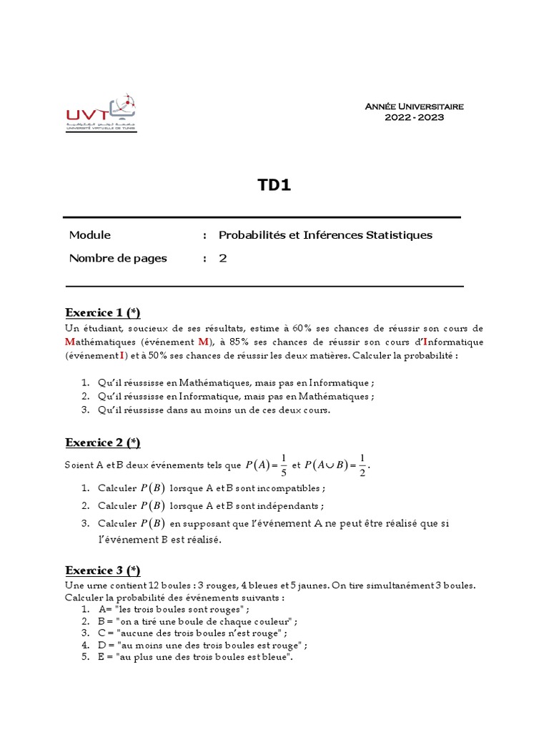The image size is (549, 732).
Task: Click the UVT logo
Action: point(100,112)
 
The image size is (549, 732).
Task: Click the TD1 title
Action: point(274,186)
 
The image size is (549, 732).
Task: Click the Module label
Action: point(90,235)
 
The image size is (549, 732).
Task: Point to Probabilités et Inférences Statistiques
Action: point(325,235)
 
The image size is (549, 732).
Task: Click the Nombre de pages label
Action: point(118,258)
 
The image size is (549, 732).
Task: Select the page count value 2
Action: point(222,258)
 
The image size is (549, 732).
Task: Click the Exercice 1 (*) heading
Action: point(103,312)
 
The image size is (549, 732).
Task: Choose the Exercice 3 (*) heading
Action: point(103,570)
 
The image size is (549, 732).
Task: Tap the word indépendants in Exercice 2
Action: point(285,505)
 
